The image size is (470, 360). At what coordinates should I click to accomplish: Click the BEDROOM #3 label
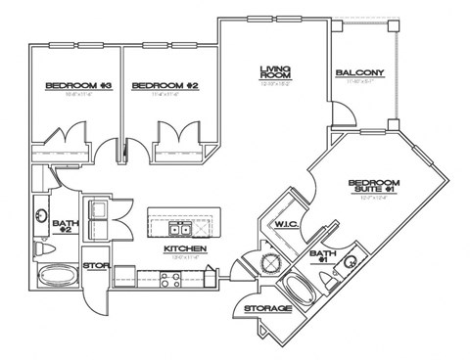(67, 88)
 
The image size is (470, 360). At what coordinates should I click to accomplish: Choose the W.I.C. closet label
(285, 224)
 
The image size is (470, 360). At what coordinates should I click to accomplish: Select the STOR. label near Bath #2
(95, 265)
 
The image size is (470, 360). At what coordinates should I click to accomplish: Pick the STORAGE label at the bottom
(267, 309)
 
